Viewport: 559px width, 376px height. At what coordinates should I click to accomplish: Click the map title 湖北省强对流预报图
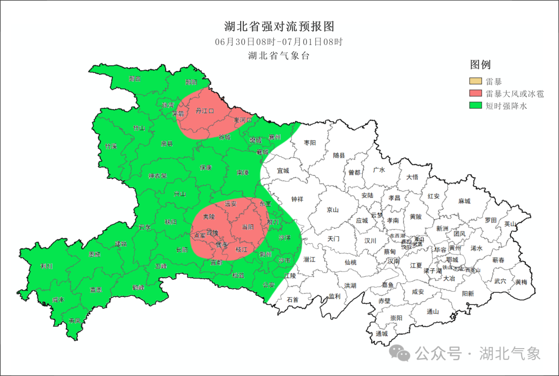[279, 26]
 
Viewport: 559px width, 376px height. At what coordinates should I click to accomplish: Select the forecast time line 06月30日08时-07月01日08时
[279, 42]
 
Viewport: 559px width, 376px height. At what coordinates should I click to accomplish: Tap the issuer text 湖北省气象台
[279, 56]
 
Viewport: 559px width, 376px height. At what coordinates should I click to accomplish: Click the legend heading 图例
[480, 65]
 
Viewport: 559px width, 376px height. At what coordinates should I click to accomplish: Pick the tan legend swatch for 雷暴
[476, 81]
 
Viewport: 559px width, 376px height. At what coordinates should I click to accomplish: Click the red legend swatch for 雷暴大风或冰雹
[476, 94]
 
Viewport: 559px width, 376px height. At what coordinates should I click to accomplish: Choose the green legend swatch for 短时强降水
[476, 106]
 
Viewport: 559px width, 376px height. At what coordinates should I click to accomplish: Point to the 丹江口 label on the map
[204, 111]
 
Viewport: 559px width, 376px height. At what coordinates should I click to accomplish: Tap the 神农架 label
[157, 176]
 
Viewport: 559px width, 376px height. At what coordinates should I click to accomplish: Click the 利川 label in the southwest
[47, 266]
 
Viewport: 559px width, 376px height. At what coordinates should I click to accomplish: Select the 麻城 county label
[464, 201]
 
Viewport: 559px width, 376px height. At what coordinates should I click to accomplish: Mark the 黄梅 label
[521, 282]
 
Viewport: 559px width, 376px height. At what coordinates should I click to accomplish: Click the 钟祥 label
[297, 199]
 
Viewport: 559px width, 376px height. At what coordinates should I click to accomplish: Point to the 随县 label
[339, 155]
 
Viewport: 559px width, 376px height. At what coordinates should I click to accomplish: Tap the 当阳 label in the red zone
[248, 227]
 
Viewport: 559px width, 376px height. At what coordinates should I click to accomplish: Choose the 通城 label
[382, 334]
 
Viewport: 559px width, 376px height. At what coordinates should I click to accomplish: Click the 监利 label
[335, 296]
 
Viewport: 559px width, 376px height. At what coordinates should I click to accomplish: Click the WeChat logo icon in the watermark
[400, 353]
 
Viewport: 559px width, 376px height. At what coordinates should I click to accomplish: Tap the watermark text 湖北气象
[510, 354]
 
